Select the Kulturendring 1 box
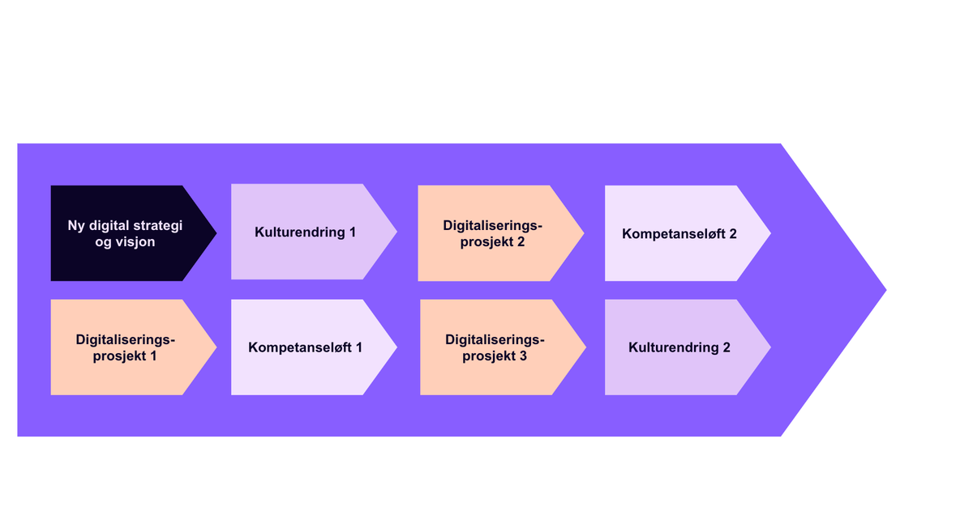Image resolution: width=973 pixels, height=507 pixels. (305, 233)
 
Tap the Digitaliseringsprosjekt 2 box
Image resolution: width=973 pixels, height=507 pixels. (492, 233)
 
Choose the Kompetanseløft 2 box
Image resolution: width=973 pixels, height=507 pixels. (679, 233)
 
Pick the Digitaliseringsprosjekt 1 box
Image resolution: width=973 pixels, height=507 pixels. (125, 347)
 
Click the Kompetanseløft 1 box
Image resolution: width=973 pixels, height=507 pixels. (305, 347)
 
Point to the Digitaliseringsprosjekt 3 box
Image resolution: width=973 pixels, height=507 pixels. (495, 347)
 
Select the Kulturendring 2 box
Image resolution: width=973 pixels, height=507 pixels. (679, 347)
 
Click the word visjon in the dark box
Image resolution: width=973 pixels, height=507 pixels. (136, 241)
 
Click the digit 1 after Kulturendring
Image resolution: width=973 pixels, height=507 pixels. (352, 233)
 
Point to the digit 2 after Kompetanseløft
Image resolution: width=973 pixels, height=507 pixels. (732, 233)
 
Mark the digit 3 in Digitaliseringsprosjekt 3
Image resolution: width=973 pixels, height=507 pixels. (524, 356)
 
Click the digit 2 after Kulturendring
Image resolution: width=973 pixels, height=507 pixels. (726, 347)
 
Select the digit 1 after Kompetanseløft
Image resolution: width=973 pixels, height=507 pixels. (358, 347)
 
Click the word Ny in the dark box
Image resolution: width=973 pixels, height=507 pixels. (75, 225)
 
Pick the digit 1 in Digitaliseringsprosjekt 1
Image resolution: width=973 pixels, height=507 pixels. (152, 356)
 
